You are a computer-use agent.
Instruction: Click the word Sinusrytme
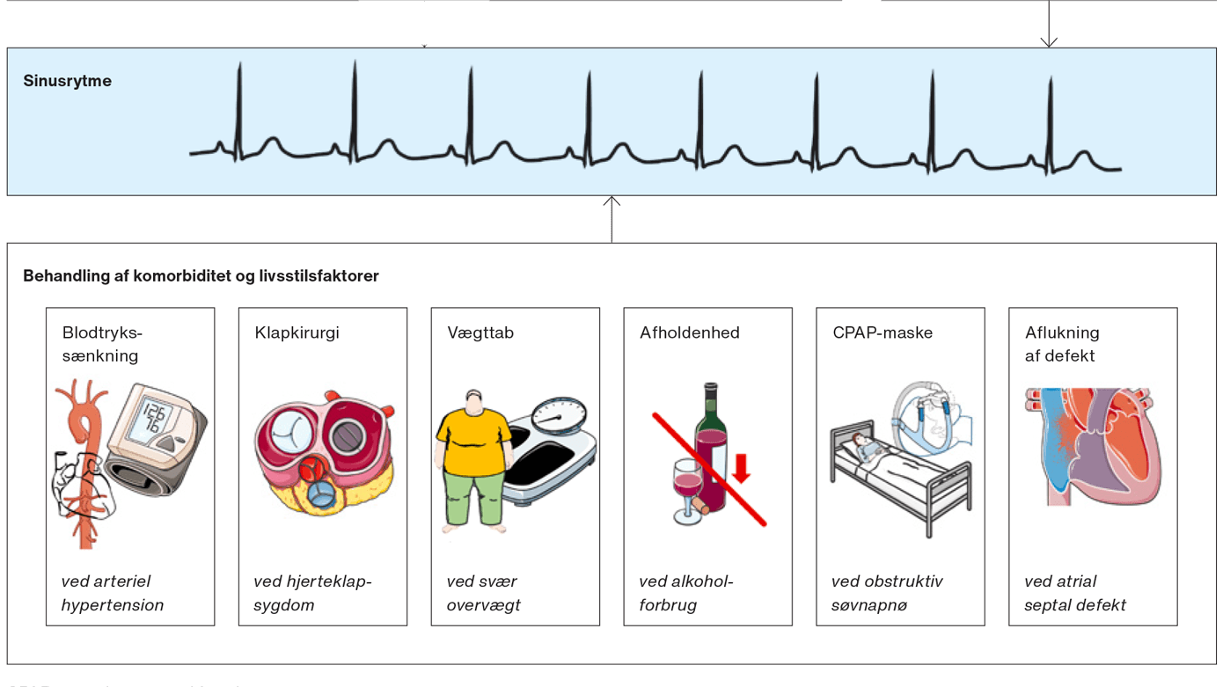(67, 81)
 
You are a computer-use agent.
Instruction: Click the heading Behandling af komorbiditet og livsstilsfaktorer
(201, 276)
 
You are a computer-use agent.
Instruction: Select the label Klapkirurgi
(297, 333)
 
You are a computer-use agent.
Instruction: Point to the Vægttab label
(480, 333)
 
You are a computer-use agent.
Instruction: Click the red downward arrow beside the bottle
(741, 468)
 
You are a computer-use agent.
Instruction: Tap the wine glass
(685, 488)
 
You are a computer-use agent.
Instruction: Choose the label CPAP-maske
(882, 333)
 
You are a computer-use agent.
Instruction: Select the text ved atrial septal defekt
(1074, 593)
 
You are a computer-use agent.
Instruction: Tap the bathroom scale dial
(559, 413)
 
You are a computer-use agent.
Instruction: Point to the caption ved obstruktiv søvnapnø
(887, 593)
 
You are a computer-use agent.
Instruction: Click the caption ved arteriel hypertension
(112, 593)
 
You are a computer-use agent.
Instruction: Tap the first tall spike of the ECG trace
(239, 106)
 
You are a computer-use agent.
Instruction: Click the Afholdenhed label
(689, 333)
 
